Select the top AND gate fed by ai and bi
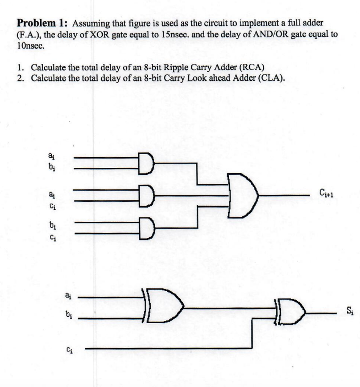point(146,163)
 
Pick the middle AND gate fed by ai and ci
point(146,196)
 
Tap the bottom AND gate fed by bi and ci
point(146,228)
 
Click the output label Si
point(350,312)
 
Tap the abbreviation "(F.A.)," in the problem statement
point(30,34)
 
